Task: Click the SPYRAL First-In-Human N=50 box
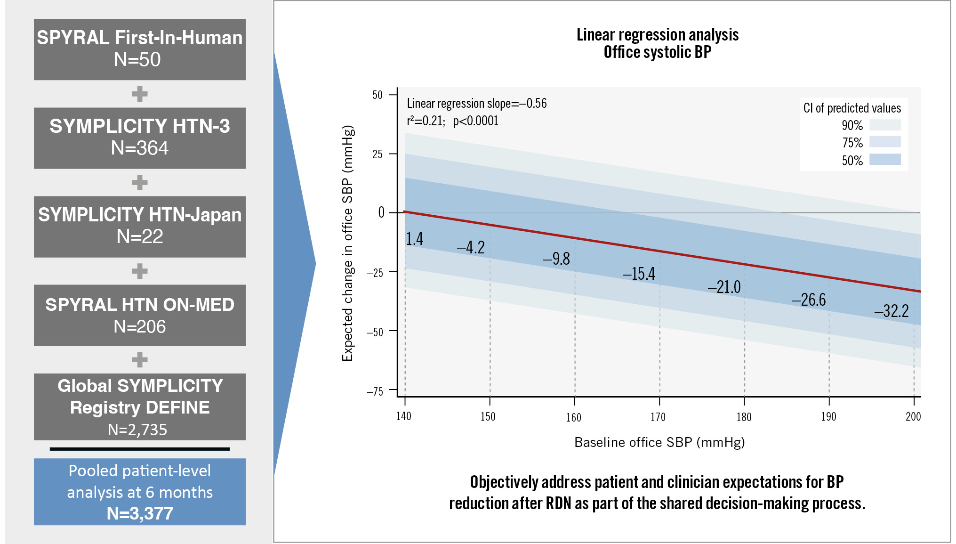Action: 139,49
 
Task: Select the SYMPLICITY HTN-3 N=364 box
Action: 139,138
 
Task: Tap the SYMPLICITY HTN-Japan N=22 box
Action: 139,227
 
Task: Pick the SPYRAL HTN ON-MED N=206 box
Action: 139,315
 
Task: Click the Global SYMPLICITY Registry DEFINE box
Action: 139,406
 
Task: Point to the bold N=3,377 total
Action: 140,513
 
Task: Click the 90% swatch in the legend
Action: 885,125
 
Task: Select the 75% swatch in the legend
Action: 885,142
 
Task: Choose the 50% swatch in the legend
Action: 885,159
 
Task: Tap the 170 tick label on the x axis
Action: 658,417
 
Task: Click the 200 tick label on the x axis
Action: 913,416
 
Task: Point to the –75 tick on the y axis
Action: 375,391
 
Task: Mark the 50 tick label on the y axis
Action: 378,95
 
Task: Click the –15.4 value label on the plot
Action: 639,274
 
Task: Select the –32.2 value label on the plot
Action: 892,311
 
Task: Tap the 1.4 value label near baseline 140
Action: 415,239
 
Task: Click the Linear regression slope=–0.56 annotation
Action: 477,104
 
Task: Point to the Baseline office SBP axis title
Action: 659,442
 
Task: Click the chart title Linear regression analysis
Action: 658,35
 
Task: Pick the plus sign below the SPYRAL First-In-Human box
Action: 140,94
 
